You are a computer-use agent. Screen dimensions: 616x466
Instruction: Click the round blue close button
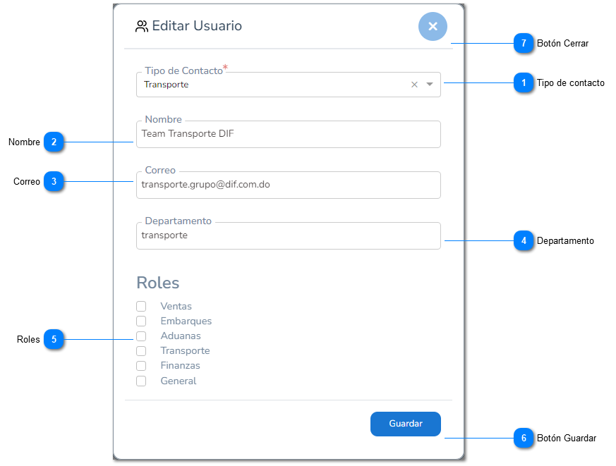coord(433,26)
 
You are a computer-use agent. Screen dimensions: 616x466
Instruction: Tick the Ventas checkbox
coord(141,306)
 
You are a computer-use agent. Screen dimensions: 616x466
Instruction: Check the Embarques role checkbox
coord(141,321)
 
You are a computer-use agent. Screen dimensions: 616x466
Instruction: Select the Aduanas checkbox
coord(141,336)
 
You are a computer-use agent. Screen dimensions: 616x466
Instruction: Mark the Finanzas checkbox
coord(141,366)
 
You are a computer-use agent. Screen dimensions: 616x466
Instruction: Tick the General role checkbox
coord(141,381)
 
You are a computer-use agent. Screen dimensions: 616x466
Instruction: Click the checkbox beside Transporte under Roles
coord(141,351)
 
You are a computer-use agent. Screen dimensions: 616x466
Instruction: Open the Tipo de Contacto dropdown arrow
coord(430,85)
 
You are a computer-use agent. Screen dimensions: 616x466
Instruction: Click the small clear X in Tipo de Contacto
coord(414,85)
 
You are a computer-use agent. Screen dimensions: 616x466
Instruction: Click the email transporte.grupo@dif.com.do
coord(205,185)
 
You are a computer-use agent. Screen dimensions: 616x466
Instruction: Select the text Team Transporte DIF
coord(188,134)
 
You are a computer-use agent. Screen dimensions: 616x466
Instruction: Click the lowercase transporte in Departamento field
coord(164,235)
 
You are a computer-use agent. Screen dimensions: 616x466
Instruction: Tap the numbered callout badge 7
coord(524,43)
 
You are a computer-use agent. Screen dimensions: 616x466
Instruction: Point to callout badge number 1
coord(524,82)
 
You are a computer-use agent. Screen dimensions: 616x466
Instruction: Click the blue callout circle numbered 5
coord(54,339)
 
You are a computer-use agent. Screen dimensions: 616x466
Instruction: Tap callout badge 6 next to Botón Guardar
coord(524,438)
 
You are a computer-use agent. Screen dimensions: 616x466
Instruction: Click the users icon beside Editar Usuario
coord(141,26)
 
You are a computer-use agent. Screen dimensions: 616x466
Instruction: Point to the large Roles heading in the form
coord(158,283)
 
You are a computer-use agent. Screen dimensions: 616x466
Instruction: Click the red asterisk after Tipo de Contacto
coord(226,67)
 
